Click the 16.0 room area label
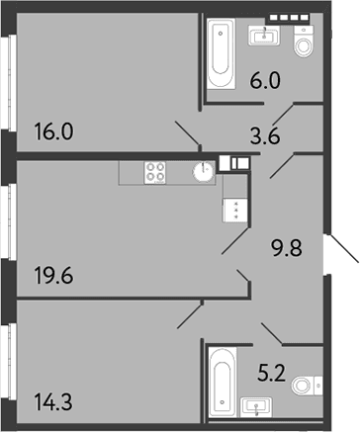(53, 131)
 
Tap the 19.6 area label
(53, 276)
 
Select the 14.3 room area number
(53, 402)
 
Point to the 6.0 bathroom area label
(265, 81)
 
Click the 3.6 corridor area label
(265, 136)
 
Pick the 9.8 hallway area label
(287, 248)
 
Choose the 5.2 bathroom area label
(271, 374)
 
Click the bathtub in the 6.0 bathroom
(222, 53)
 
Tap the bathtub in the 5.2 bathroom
(223, 383)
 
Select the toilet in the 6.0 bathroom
(304, 42)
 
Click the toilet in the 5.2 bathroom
(308, 385)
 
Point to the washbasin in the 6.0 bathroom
(264, 36)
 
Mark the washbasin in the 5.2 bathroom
(256, 407)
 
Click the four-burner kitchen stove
(155, 173)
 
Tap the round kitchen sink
(204, 171)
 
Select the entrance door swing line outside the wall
(343, 248)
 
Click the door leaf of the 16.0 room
(187, 133)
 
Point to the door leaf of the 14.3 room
(189, 316)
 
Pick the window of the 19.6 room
(11, 221)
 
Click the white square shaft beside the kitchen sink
(225, 163)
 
